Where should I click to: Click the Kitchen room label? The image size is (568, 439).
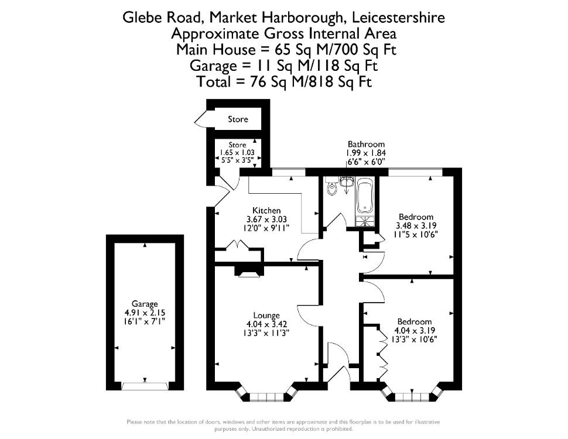(266, 211)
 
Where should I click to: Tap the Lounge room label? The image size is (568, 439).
(266, 315)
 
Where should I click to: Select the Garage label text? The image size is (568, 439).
(145, 304)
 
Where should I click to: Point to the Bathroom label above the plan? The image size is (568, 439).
(366, 144)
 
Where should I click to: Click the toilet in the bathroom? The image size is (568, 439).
(331, 187)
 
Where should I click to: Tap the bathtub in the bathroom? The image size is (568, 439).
(365, 196)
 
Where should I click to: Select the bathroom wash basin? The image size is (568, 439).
(347, 182)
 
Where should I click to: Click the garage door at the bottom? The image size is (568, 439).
(145, 385)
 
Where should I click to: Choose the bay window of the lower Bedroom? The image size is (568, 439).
(413, 395)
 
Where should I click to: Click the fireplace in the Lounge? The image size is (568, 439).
(248, 272)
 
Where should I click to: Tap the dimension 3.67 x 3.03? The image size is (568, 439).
(266, 219)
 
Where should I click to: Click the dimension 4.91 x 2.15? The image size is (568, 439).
(145, 313)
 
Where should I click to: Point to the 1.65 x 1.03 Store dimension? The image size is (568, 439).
(237, 153)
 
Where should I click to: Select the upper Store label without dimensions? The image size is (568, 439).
(238, 119)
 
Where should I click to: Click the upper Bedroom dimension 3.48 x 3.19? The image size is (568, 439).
(416, 226)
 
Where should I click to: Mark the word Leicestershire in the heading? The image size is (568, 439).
(398, 17)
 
